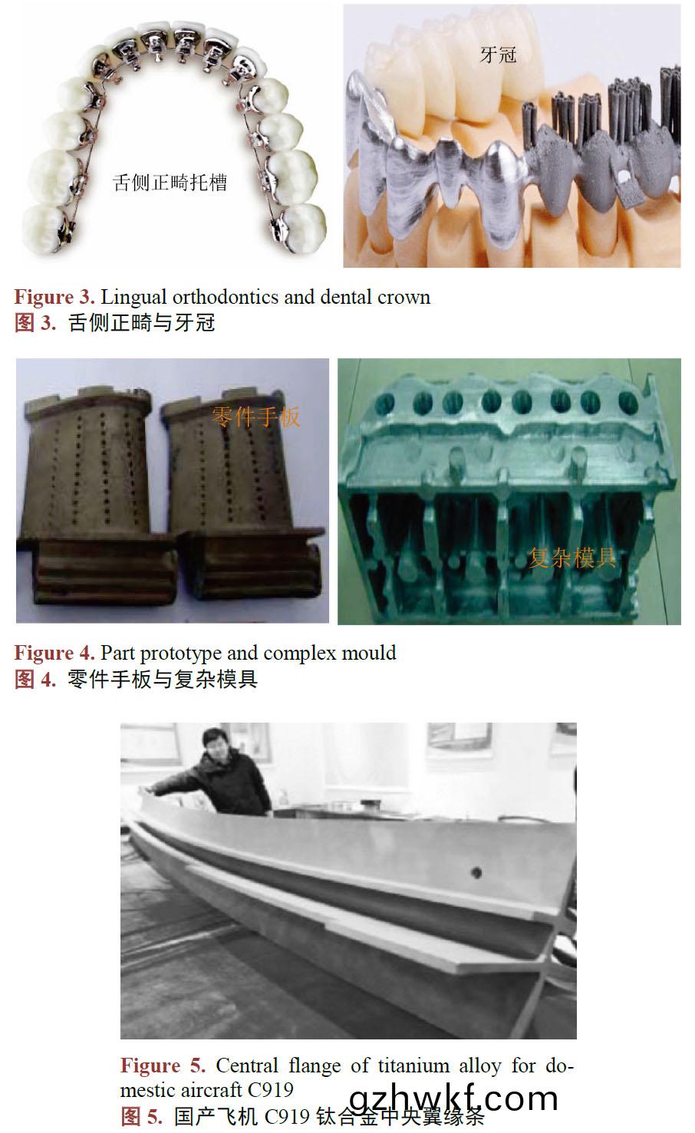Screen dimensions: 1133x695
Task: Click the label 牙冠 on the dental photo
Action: click(x=498, y=54)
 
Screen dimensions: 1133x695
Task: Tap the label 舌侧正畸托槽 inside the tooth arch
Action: click(x=170, y=182)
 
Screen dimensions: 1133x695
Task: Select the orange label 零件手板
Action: click(x=256, y=417)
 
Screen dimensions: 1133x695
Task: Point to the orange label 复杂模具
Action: click(x=572, y=557)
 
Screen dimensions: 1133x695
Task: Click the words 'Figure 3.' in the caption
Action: click(x=54, y=297)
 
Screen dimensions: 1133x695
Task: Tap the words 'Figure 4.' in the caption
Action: click(x=54, y=653)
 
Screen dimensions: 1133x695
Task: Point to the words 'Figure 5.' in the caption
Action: click(x=163, y=1065)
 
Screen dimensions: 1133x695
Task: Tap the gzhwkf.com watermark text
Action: click(x=453, y=1098)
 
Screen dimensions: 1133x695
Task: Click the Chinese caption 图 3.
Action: click(x=35, y=322)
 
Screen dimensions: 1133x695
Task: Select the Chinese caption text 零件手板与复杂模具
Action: click(x=162, y=678)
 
